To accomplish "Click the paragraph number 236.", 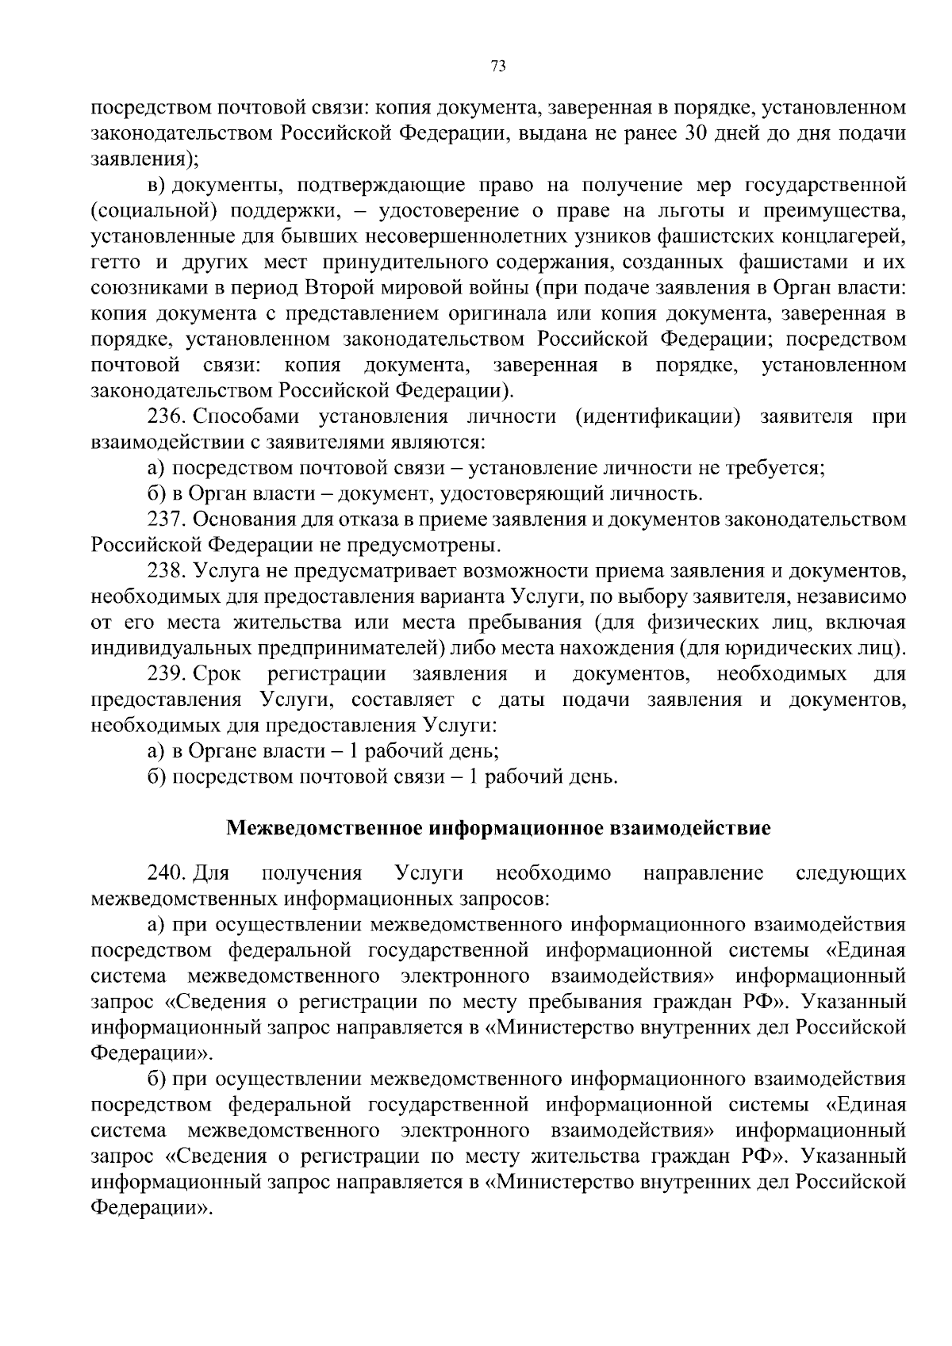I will pos(167,417).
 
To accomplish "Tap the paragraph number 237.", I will pos(167,520).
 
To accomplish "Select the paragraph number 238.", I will pos(167,571).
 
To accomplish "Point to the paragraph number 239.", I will pos(167,674).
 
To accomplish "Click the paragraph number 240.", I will pos(167,874).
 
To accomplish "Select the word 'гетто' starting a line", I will pos(118,263).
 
